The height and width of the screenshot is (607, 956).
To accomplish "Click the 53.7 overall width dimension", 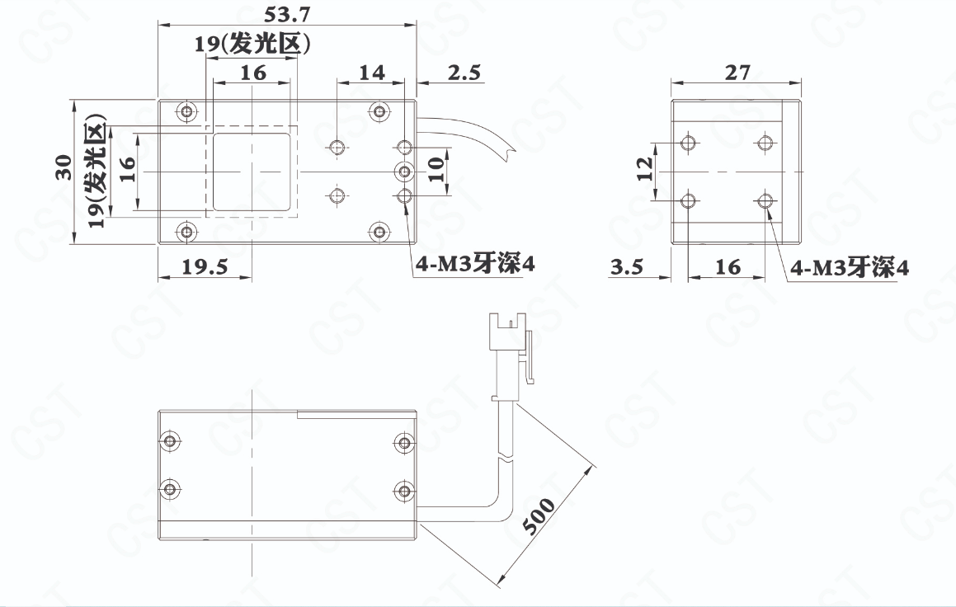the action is (287, 13).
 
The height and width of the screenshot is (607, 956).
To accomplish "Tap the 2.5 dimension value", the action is (464, 73).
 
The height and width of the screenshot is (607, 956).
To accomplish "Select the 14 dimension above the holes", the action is (371, 73).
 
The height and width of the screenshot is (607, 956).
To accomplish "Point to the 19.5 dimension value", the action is (205, 266).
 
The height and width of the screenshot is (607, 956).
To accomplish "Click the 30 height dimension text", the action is (64, 168).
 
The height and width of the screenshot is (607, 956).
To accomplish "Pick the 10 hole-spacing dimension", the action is (436, 169).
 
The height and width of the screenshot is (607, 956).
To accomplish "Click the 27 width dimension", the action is (737, 73).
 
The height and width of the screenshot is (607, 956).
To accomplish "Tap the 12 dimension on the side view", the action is (645, 169).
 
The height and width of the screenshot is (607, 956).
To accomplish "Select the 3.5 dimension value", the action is (627, 266).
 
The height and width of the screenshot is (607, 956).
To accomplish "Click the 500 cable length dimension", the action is (539, 515).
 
